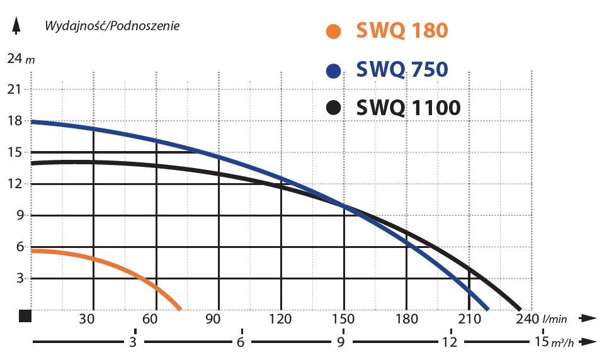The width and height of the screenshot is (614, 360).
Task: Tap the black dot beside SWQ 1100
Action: coord(334,108)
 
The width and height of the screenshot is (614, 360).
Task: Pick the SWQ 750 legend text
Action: coord(402,69)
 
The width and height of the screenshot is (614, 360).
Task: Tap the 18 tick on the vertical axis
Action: coord(14,121)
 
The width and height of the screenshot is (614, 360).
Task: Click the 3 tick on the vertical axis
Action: coord(19,278)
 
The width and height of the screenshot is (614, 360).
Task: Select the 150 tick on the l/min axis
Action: coord(343,318)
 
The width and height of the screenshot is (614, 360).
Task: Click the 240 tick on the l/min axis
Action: coord(525,318)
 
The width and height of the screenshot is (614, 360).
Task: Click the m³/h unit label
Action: coord(562,343)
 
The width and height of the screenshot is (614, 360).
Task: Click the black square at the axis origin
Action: coord(25,316)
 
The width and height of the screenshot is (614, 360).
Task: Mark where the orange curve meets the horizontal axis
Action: coord(180,309)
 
